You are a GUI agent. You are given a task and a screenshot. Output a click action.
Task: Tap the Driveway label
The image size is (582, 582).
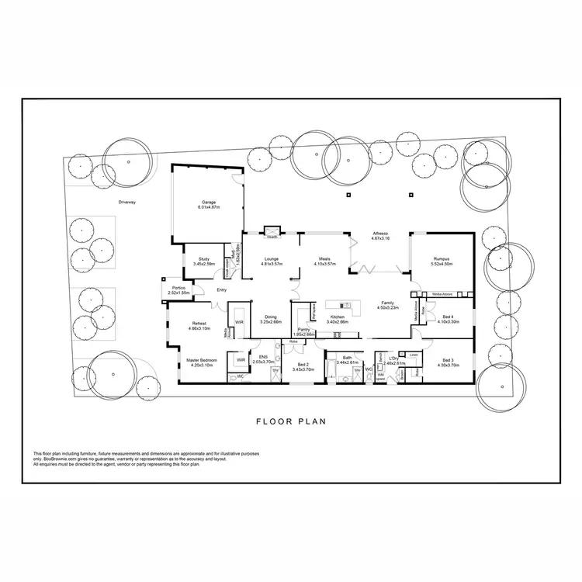pos(127,202)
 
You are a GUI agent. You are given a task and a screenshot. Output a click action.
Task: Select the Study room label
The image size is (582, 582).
pos(204,259)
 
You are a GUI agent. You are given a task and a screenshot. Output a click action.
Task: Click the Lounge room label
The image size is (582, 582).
pos(271,259)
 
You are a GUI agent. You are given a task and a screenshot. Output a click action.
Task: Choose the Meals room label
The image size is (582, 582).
pos(324,259)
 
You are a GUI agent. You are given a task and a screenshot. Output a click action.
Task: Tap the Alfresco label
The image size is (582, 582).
pos(380,234)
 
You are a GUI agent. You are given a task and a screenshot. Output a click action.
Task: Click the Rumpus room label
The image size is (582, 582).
pos(442,259)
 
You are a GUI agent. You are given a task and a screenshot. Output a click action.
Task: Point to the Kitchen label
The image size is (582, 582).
pos(337,317)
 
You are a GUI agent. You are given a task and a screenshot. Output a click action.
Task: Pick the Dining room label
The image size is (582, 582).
pos(271,317)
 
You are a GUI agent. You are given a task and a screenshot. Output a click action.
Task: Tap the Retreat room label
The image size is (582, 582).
pos(199,324)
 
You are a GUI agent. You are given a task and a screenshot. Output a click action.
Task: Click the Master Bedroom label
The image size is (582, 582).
pos(201,360)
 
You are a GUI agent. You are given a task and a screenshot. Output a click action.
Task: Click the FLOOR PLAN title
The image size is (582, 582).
pos(291,423)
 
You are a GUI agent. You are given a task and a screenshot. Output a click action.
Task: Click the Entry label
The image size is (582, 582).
pos(222,290)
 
